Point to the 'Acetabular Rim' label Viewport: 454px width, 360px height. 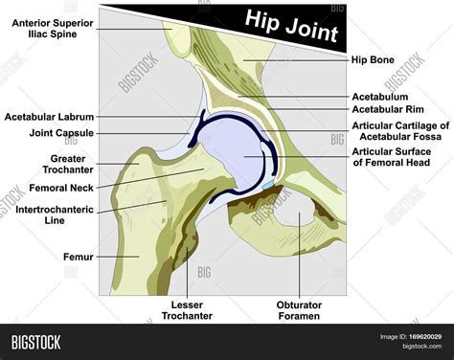pos(389,111)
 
